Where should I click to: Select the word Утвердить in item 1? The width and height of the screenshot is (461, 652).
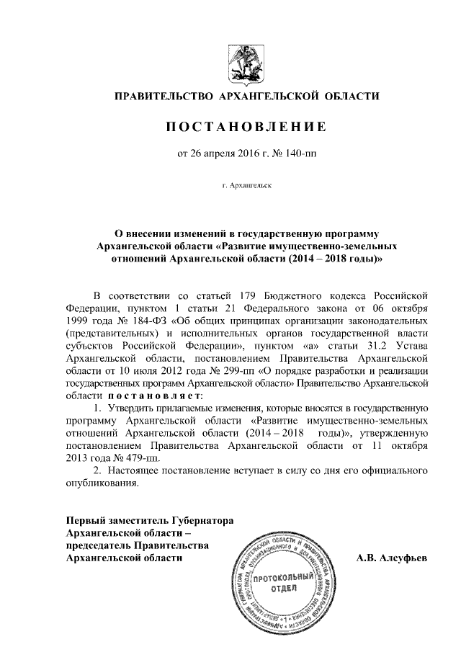(133, 409)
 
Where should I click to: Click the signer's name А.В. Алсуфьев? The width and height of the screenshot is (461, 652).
(392, 558)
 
